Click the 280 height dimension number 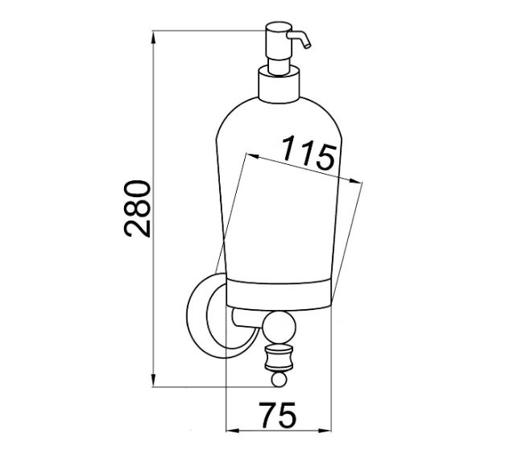point(138,208)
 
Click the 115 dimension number point(308,152)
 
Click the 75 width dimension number point(278,415)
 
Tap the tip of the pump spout point(308,47)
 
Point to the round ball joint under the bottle point(279,327)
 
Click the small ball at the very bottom point(279,379)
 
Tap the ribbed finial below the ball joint point(279,357)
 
